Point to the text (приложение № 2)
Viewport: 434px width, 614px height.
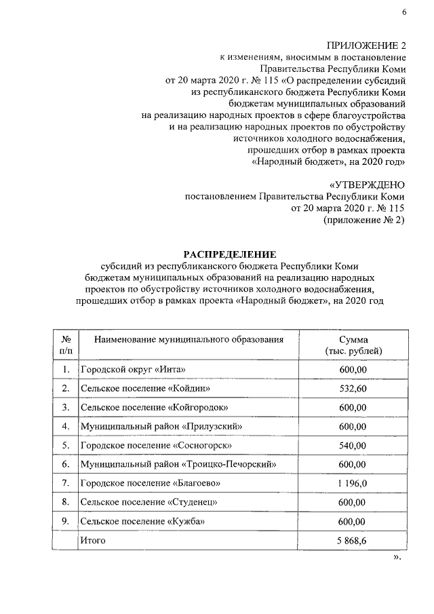[x=364, y=220]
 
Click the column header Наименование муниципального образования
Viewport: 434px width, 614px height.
[x=188, y=339]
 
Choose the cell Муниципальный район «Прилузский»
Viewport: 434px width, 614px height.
[x=161, y=426]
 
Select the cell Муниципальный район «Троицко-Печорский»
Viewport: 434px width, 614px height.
[x=179, y=464]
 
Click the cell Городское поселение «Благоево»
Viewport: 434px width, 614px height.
[x=151, y=483]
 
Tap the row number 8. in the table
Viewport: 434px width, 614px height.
[x=66, y=502]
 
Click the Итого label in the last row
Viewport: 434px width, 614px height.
[x=93, y=540]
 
